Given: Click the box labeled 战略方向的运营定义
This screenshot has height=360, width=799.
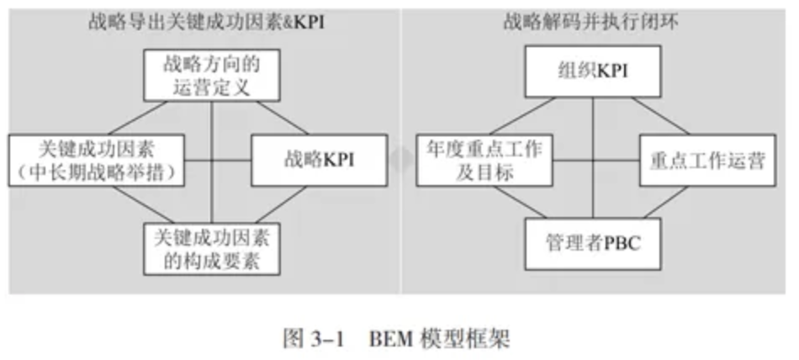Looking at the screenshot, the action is [x=211, y=76].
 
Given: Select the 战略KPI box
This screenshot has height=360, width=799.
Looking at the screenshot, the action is [x=319, y=160].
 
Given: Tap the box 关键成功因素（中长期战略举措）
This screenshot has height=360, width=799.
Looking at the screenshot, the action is [x=97, y=160].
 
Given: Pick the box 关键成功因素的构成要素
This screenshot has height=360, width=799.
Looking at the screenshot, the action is [x=211, y=249].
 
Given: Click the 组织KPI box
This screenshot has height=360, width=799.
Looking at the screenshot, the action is [x=593, y=71].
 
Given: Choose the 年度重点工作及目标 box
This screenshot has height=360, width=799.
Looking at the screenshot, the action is [x=484, y=160].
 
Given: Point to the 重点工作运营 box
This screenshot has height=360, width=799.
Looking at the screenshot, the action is [x=708, y=160].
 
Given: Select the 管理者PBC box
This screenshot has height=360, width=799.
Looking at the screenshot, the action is [x=593, y=244].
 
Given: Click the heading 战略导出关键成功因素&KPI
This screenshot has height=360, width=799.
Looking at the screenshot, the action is [x=206, y=23].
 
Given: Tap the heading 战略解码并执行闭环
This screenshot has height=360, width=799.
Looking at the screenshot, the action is [x=591, y=23].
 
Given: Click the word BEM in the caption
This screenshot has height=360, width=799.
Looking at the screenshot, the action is [x=389, y=339].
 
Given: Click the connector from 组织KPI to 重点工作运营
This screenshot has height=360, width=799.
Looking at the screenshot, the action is [x=661, y=116].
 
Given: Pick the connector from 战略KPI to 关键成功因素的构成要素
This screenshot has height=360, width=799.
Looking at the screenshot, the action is [x=281, y=204].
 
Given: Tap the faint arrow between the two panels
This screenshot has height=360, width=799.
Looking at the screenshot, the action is [x=402, y=160].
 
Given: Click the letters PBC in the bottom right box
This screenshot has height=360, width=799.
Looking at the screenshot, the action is [x=622, y=244].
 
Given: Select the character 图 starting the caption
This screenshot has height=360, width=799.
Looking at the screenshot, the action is [x=292, y=339].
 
